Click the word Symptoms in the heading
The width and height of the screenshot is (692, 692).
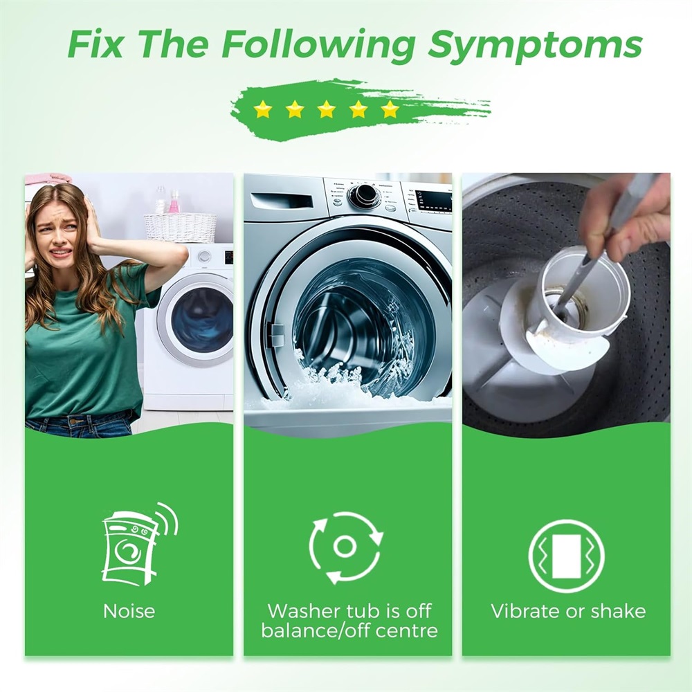[x=535, y=45]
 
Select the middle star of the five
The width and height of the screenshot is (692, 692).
[x=327, y=109]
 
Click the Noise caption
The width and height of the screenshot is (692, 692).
[x=129, y=611]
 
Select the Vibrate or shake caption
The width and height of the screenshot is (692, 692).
[x=568, y=611]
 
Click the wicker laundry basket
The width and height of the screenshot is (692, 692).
[x=181, y=227]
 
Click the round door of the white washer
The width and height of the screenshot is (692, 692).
[x=197, y=319]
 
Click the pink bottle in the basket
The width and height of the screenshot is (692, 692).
[x=174, y=202]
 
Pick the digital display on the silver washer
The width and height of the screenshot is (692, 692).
[x=433, y=201]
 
